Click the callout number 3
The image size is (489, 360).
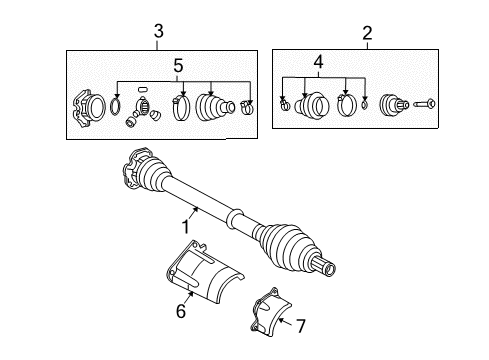tap(159, 31)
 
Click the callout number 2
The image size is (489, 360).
tap(367, 33)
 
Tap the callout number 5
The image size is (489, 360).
tap(178, 65)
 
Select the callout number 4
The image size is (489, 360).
tap(319, 62)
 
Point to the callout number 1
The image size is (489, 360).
tap(186, 227)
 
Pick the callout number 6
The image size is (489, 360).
tap(181, 311)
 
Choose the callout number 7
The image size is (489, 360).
tap(301, 326)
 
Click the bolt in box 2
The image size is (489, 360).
tap(424, 104)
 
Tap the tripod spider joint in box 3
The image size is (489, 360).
tap(142, 112)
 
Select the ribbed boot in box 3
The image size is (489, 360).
tap(215, 107)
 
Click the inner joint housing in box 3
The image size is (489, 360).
tap(89, 108)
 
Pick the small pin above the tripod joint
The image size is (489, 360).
tap(142, 89)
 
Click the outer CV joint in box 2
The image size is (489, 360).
tap(394, 105)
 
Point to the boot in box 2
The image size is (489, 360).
tap(312, 104)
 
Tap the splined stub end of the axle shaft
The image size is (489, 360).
tap(326, 267)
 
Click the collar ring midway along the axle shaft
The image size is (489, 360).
tap(235, 218)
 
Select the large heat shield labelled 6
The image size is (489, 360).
tap(204, 272)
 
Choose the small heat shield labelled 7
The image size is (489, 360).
tap(271, 312)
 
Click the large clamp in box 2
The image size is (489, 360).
tap(347, 105)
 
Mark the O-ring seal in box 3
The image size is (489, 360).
tap(115, 106)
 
